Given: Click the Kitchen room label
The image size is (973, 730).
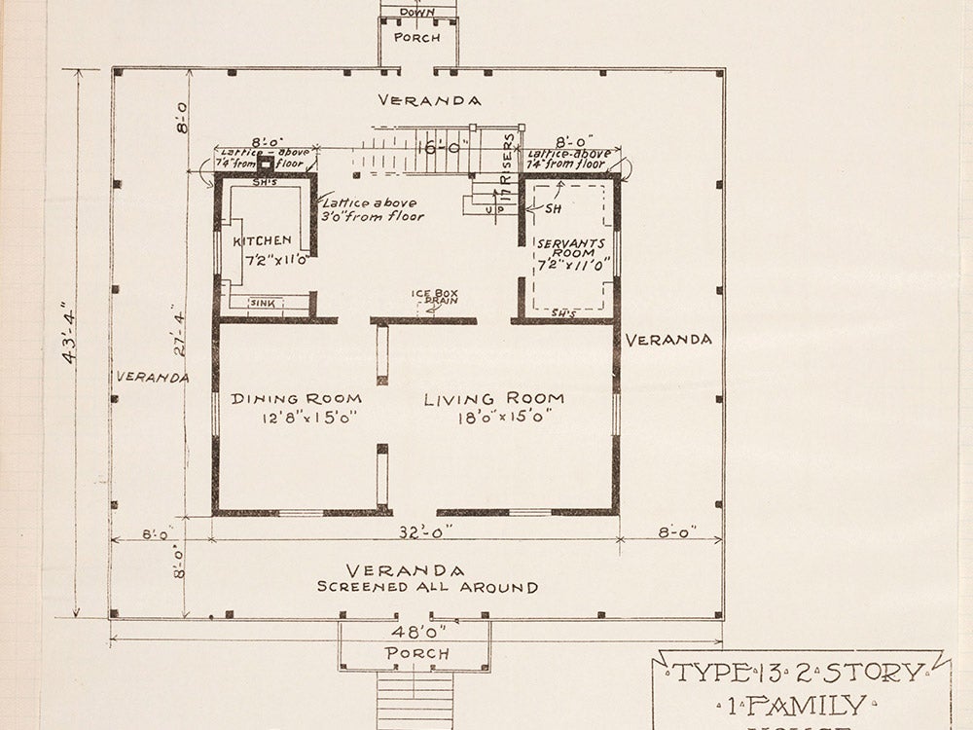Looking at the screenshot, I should pos(262,240).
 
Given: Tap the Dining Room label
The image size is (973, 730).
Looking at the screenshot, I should pos(296,398).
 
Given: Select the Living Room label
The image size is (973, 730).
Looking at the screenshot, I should pos(494,398).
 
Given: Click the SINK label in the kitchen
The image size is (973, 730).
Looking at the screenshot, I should pos(263,304).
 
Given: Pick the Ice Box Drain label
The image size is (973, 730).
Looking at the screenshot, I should pos(433,296).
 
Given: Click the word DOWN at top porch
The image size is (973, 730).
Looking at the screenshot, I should pos(416,13).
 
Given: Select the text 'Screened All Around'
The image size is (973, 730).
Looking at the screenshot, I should pos(427,587).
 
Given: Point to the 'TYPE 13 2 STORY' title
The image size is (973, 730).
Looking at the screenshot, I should pos(798,673).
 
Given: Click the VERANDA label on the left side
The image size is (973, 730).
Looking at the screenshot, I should pos(151,377).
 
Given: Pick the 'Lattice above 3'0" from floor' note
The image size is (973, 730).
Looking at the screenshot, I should pos(373,209).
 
